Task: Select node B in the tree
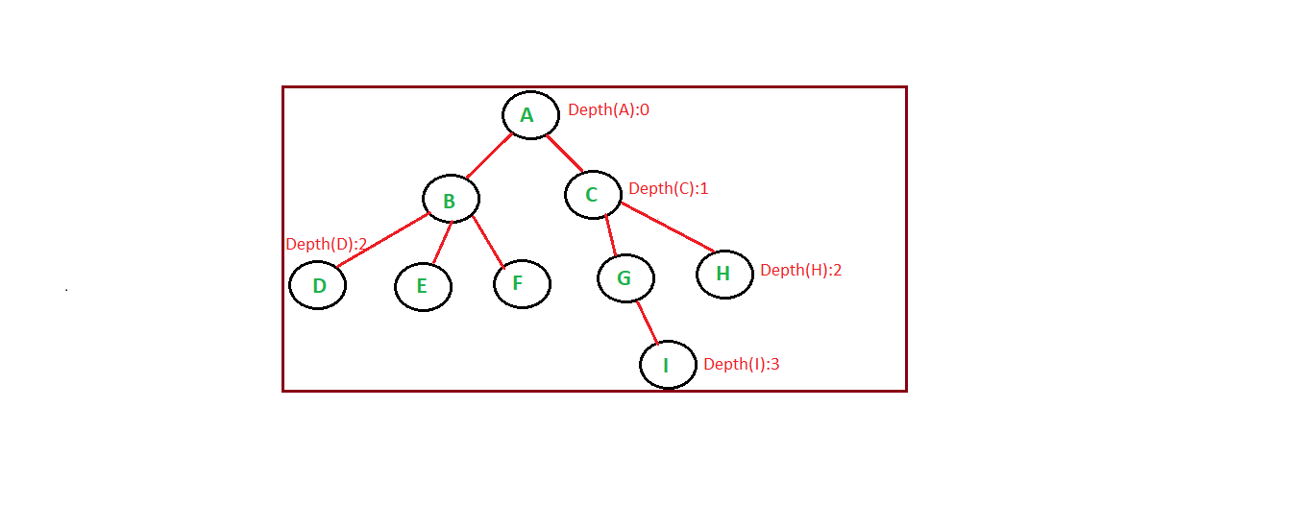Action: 451,200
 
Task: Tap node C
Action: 592,195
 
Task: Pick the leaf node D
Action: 317,285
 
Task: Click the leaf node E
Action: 423,286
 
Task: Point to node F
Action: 522,284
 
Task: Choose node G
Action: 625,278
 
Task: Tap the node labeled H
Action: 724,274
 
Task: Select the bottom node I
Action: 668,365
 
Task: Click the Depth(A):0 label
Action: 608,109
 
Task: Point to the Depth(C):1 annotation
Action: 668,188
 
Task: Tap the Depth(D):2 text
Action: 326,244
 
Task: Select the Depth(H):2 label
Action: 800,270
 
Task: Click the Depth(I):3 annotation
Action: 741,364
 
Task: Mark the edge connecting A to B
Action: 489,156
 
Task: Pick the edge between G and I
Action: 647,321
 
